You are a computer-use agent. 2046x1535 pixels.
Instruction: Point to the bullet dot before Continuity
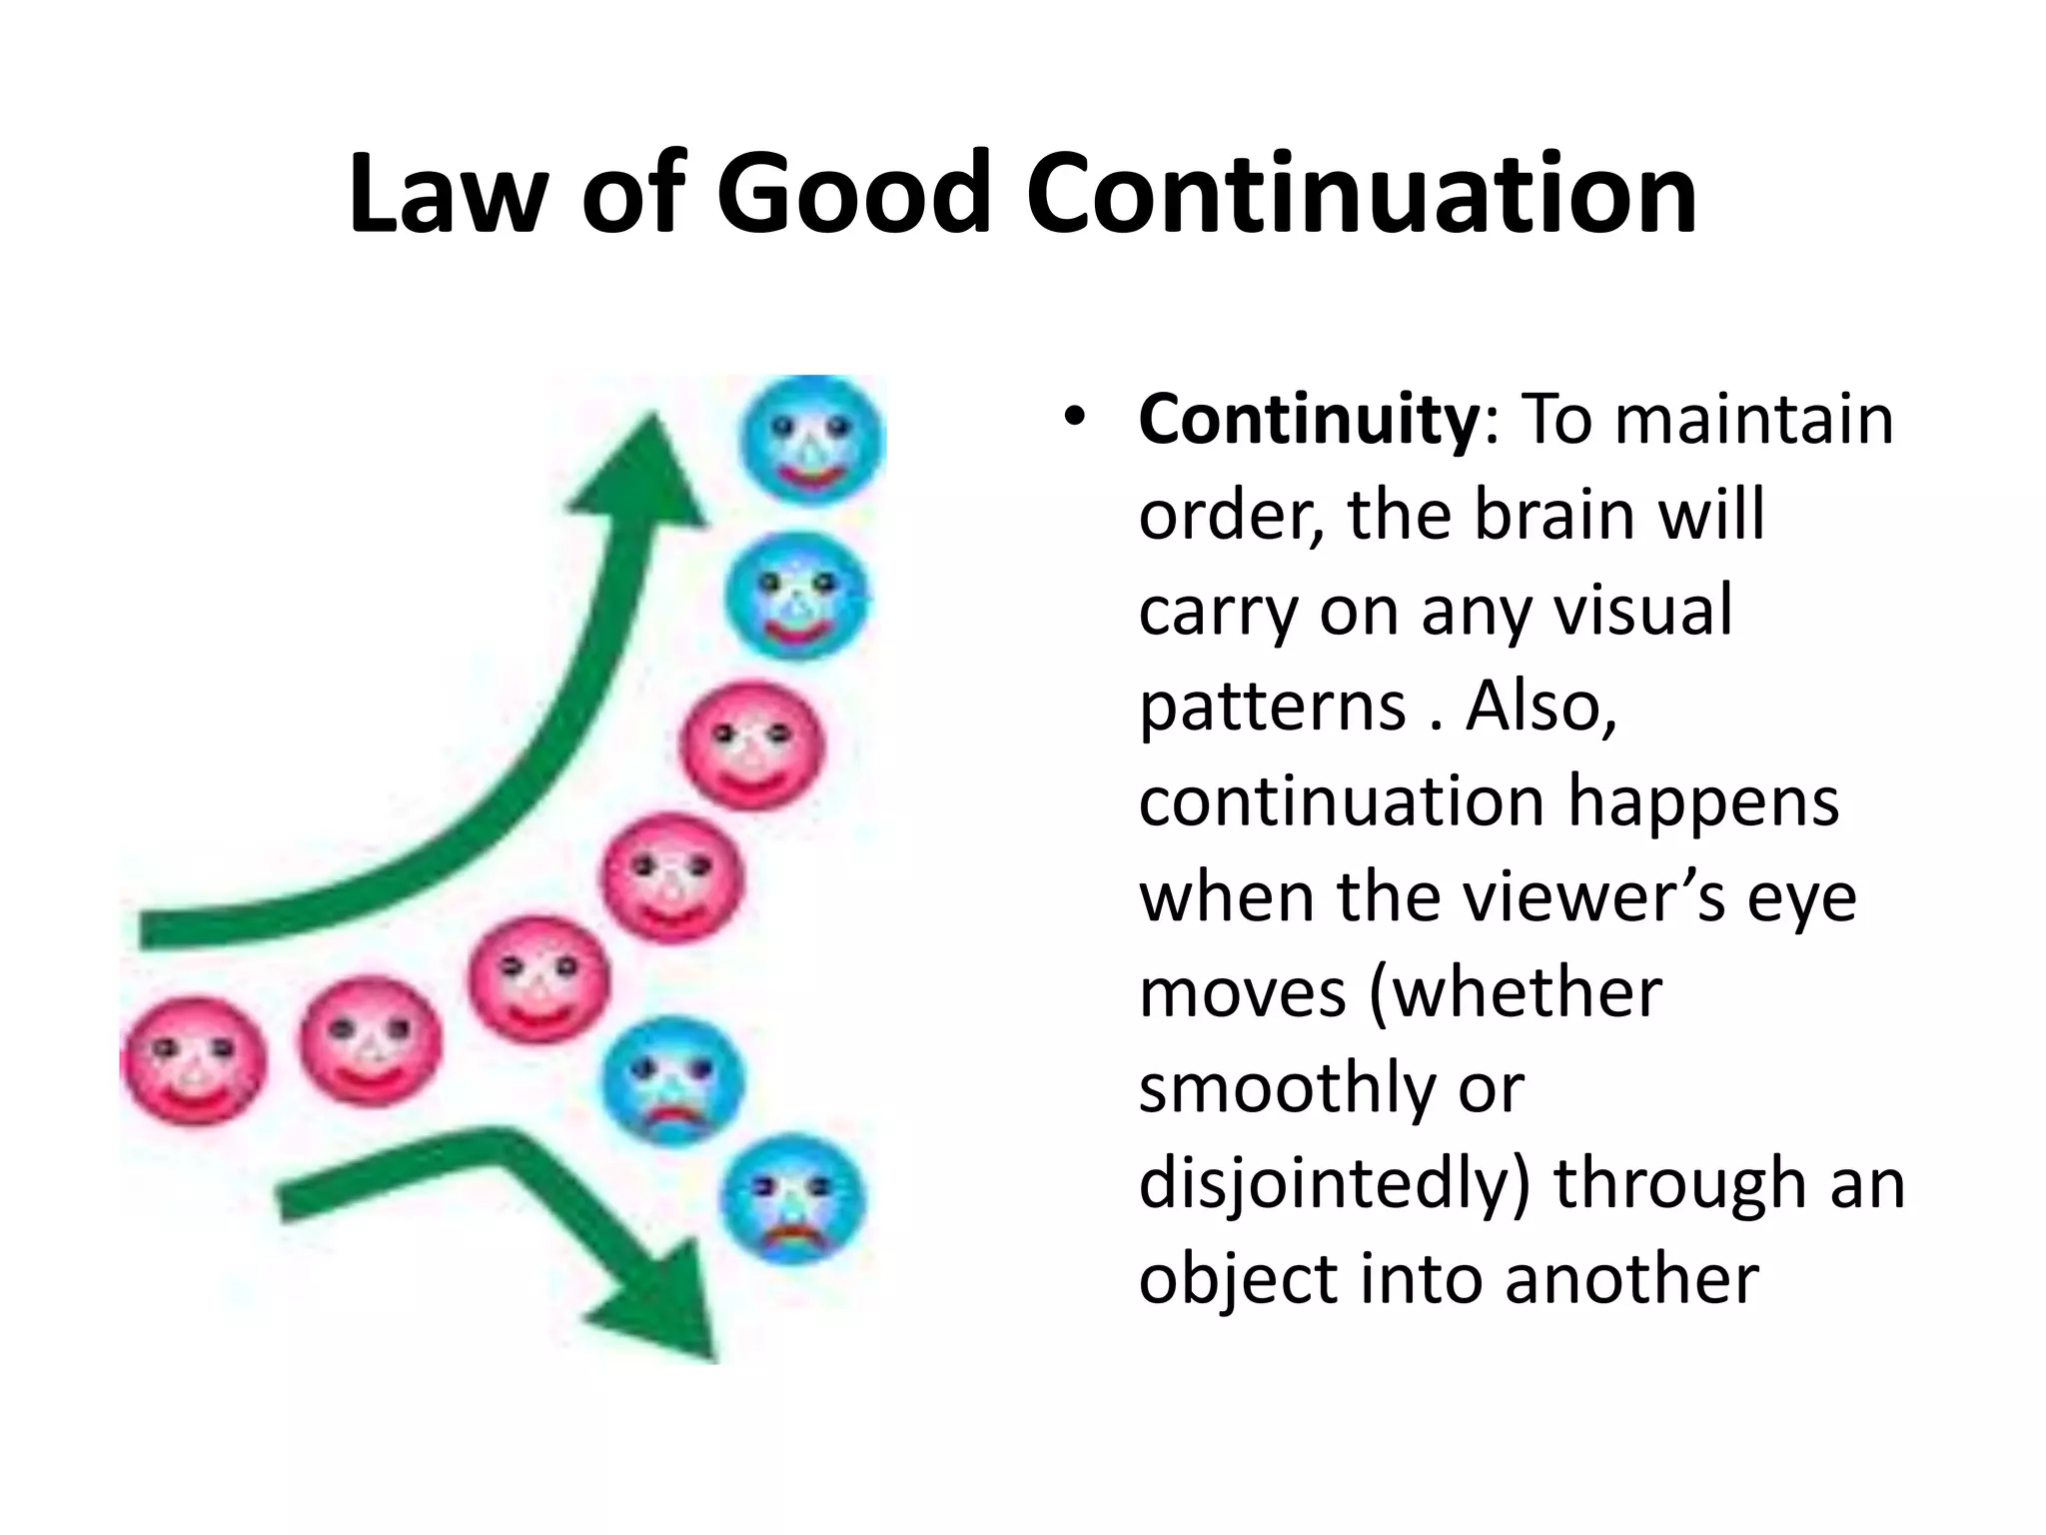tap(1074, 418)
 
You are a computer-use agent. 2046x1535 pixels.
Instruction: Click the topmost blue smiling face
tap(811, 440)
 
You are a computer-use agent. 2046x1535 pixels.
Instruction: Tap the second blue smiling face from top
tap(796, 596)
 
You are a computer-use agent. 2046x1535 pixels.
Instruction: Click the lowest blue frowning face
tap(793, 1199)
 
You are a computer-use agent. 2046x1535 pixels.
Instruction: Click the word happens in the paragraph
tap(1702, 802)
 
